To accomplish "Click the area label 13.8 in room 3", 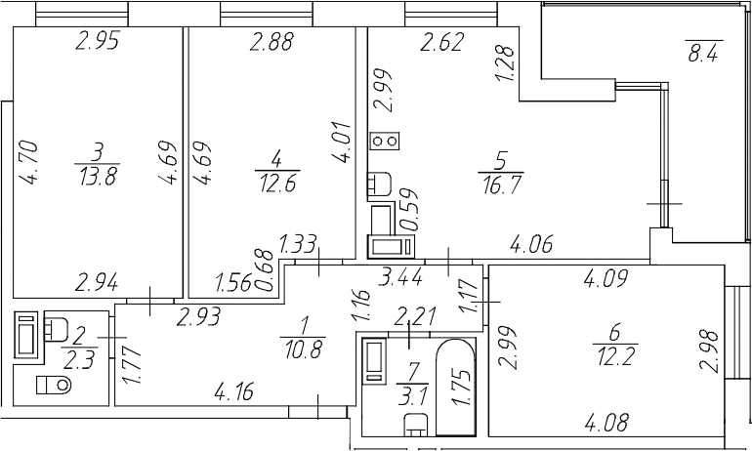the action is tap(99, 176).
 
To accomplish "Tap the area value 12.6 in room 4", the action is tap(278, 183).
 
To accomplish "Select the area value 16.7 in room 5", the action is tap(502, 184).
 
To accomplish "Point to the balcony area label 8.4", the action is tap(703, 53).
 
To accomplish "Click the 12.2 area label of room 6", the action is tap(616, 356).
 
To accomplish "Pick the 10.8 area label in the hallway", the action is tap(303, 348).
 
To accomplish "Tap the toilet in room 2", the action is tap(54, 384).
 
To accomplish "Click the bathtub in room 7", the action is tap(456, 388).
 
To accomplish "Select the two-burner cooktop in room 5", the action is tap(385, 141).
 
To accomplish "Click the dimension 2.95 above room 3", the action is tap(98, 41).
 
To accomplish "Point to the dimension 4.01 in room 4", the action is tap(344, 143).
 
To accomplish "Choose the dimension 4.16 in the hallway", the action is tap(233, 392).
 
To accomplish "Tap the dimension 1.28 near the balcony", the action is tap(507, 63).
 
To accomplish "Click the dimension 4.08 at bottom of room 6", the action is tap(606, 423).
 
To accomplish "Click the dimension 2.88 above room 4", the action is tap(271, 42).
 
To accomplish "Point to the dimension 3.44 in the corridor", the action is tap(400, 277).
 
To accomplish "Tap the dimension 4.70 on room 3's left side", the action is tap(27, 162).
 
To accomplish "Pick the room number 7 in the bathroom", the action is tap(413, 370).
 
